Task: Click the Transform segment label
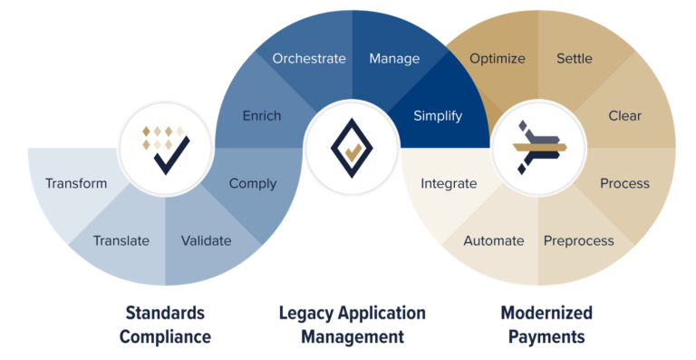click(76, 183)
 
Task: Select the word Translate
click(121, 240)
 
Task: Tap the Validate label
click(206, 240)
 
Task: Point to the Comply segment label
click(253, 183)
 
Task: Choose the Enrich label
click(262, 115)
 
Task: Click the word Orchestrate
click(309, 58)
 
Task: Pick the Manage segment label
click(394, 58)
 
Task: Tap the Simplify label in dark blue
click(438, 115)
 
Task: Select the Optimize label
click(498, 58)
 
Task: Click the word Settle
click(574, 58)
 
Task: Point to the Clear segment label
click(625, 115)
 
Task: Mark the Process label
click(625, 183)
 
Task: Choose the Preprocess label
click(579, 240)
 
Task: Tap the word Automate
click(494, 240)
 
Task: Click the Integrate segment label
click(449, 183)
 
